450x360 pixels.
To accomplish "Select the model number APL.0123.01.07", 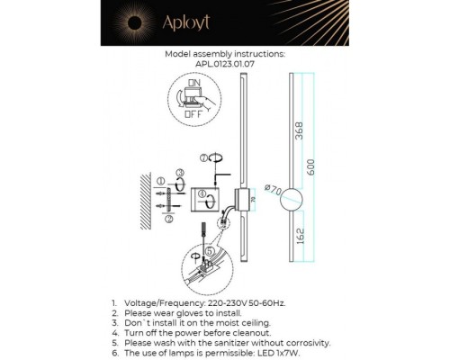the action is [224, 65].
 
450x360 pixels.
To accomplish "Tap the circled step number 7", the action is [204, 158].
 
